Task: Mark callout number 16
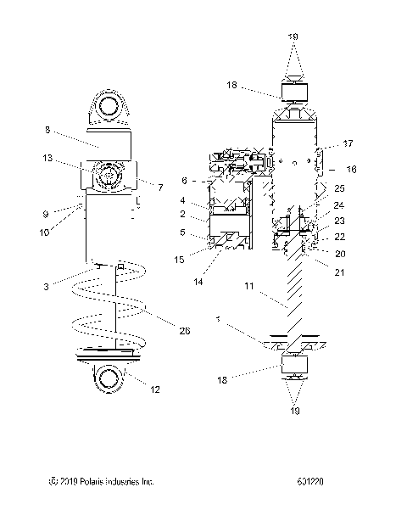coord(351,169)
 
